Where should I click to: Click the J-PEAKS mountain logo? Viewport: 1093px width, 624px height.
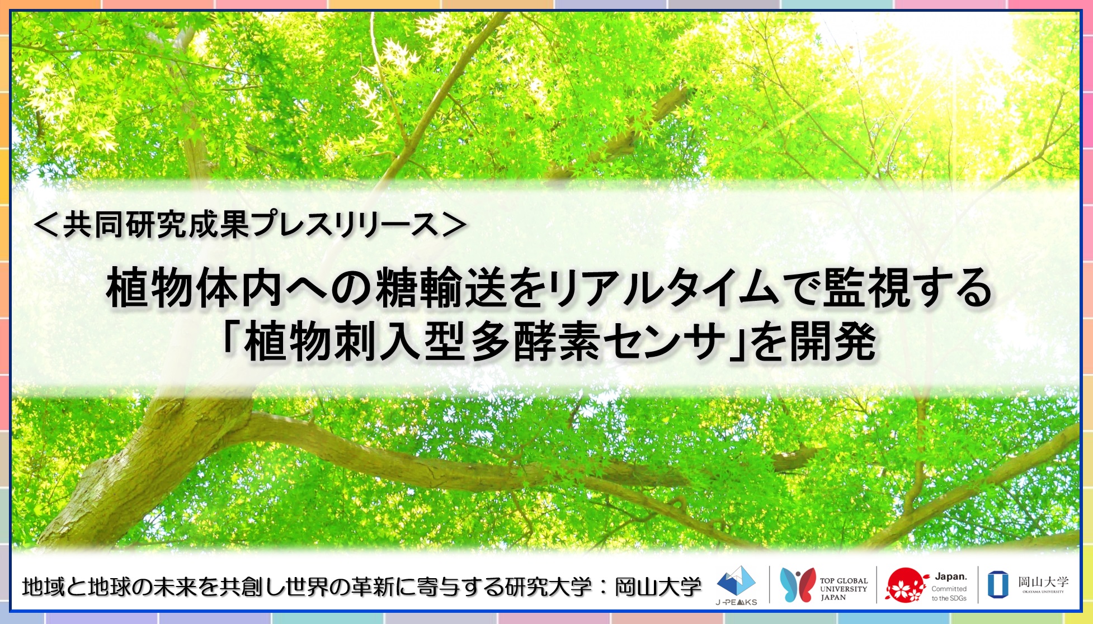(736, 582)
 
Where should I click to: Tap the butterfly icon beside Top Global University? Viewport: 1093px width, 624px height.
(797, 585)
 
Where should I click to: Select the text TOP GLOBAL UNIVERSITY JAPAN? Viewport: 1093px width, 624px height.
(844, 589)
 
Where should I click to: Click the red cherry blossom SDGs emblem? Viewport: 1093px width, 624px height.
(906, 585)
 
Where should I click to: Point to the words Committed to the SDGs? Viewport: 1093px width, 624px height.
(949, 593)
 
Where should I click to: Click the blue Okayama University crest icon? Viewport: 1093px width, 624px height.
(998, 584)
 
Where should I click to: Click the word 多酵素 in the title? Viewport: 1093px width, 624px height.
(539, 341)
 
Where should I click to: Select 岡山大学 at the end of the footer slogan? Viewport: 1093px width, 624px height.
(658, 587)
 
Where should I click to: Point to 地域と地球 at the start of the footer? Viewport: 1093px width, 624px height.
(76, 587)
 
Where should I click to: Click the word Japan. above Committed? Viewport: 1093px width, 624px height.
(951, 576)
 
